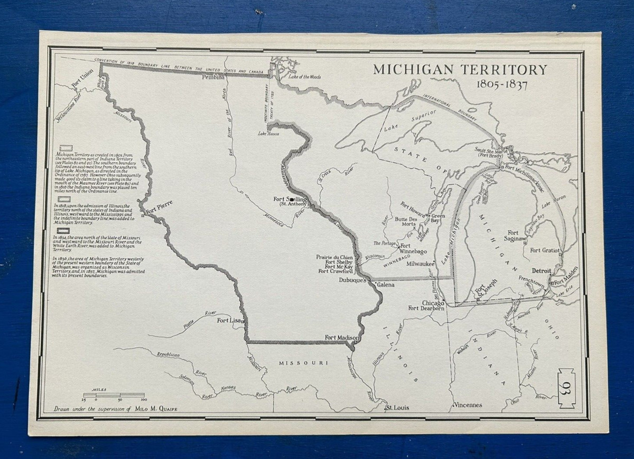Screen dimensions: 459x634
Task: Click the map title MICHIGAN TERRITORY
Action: tap(460, 70)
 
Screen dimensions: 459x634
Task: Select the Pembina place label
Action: tap(213, 78)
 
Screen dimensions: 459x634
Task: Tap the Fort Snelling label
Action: tap(290, 199)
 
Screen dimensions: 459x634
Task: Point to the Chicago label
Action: tap(433, 303)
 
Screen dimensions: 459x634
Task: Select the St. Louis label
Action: tap(397, 408)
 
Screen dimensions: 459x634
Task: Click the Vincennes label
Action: tap(468, 406)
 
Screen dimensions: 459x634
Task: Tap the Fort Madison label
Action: tap(342, 338)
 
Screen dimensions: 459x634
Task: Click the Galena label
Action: tap(386, 285)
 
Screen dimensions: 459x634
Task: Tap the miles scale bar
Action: tap(114, 395)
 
